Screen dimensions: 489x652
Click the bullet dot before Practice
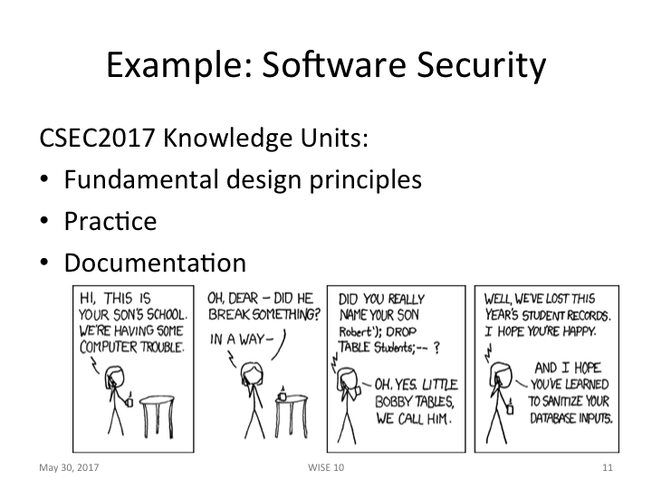click(44, 222)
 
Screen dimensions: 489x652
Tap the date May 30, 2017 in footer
click(69, 467)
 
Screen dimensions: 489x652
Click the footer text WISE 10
click(326, 467)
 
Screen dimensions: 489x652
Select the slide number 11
click(608, 467)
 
